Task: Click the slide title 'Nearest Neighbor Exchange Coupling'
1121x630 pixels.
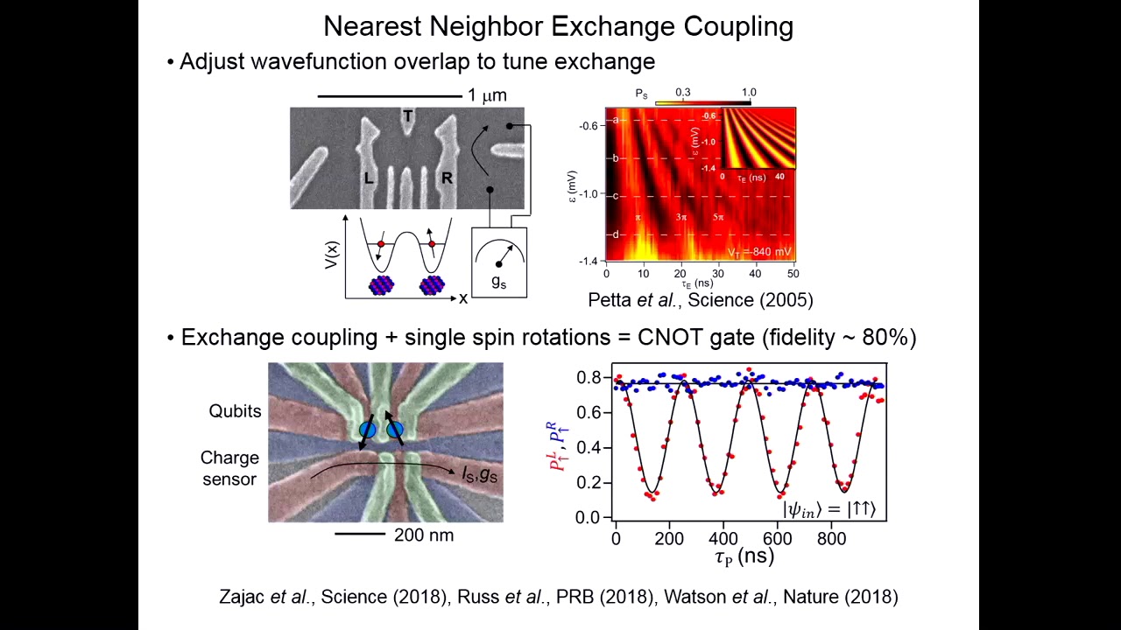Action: click(558, 26)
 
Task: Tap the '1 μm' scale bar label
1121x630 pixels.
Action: click(487, 95)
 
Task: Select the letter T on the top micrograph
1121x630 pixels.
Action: click(407, 116)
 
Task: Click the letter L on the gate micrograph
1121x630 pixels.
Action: click(369, 178)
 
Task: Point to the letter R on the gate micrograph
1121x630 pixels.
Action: click(447, 178)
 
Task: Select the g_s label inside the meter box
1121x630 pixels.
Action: click(498, 282)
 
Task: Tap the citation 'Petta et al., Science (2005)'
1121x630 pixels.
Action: click(700, 300)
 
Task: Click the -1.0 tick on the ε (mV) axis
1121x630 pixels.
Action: click(588, 194)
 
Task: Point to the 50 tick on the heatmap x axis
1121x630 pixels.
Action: click(793, 273)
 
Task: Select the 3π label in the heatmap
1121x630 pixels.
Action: click(681, 217)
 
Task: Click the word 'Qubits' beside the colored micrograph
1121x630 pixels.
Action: click(235, 411)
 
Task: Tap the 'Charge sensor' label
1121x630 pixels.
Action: click(229, 468)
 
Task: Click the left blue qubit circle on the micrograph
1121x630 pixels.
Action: click(368, 430)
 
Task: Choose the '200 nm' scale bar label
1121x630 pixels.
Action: click(424, 535)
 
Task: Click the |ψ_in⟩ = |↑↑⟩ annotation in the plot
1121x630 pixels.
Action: click(828, 508)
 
